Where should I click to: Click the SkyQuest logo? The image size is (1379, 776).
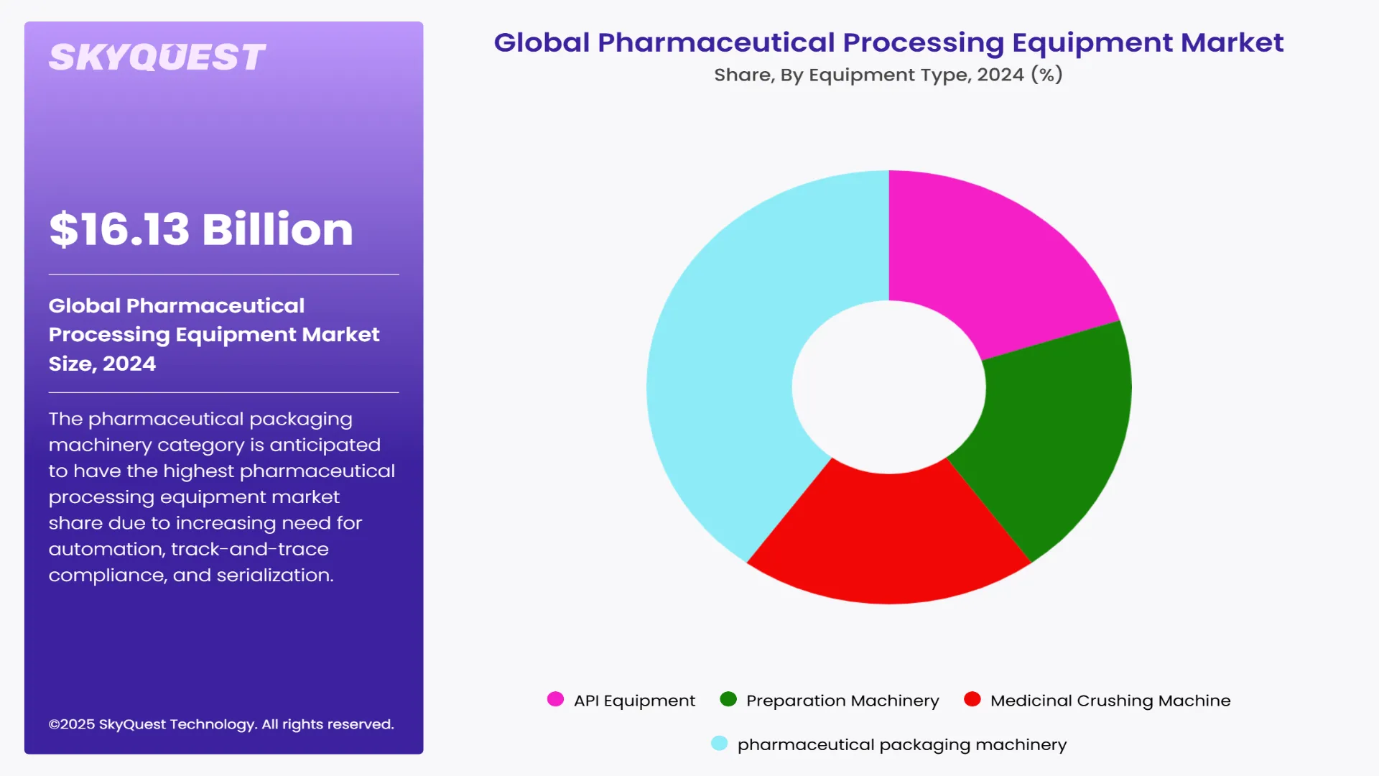coord(157,57)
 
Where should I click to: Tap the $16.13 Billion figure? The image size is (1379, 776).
coord(201,230)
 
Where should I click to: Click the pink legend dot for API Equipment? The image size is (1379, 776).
coord(555,699)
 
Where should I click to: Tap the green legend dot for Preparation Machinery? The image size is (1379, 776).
coord(728,699)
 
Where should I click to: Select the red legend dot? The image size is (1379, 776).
coord(972,699)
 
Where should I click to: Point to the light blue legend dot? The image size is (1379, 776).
coord(719,743)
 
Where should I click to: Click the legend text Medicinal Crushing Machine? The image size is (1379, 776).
coord(1110,701)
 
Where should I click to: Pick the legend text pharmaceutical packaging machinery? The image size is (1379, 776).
coord(902,744)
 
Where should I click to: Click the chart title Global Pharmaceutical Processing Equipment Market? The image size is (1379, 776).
coord(888,43)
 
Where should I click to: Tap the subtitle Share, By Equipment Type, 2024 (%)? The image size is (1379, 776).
coord(888,75)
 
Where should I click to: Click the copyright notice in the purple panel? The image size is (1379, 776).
coord(221,724)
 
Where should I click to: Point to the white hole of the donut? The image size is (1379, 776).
coord(889,387)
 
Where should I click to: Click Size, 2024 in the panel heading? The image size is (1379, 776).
coord(102,364)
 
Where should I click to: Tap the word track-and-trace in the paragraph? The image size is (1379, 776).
coord(250,550)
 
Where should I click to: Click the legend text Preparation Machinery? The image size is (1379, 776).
coord(842,701)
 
